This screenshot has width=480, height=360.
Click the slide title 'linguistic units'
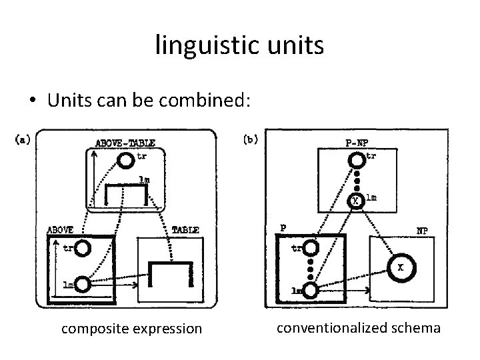click(x=240, y=45)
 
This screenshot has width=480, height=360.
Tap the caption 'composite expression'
click(x=131, y=329)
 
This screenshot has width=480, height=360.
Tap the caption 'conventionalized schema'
click(x=358, y=327)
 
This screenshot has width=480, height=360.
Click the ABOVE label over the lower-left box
click(x=59, y=229)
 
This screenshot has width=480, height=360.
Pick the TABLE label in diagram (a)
click(x=185, y=229)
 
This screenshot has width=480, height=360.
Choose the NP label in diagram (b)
click(x=422, y=230)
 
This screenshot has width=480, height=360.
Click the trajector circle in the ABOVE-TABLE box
click(x=125, y=161)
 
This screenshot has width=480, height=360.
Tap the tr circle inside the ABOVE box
click(x=83, y=249)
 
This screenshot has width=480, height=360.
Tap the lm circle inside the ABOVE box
click(x=83, y=285)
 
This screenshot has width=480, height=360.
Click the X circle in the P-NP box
click(x=356, y=199)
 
